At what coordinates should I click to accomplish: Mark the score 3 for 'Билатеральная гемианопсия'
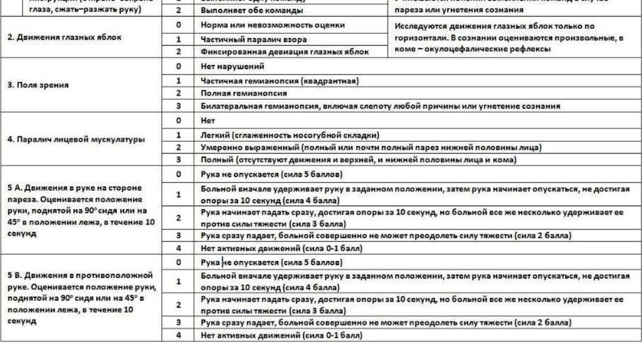click(x=179, y=106)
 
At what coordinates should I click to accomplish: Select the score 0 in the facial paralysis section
click(x=179, y=120)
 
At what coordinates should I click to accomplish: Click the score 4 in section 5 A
click(x=179, y=248)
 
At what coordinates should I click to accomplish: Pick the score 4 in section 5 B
click(x=179, y=335)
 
